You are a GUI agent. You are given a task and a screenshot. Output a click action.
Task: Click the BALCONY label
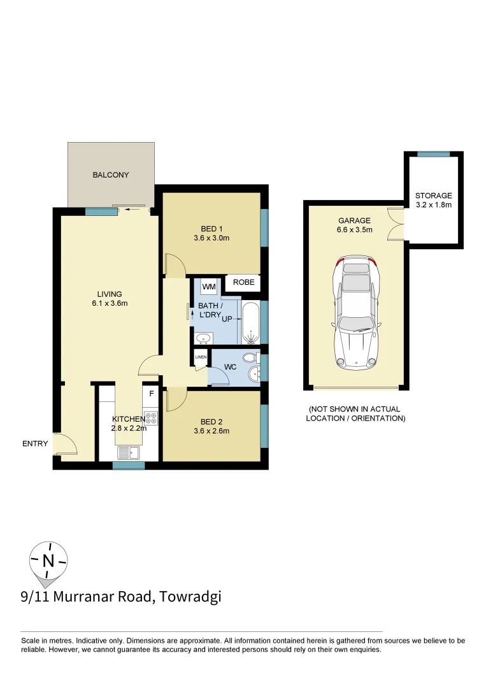[111, 175]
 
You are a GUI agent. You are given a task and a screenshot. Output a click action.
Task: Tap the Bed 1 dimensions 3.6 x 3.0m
[211, 238]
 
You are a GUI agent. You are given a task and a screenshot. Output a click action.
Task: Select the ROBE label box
[243, 282]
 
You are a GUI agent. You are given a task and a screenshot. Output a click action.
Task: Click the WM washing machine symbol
[209, 287]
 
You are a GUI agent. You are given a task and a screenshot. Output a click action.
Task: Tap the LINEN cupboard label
[201, 357]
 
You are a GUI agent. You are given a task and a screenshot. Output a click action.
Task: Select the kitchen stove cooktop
[151, 419]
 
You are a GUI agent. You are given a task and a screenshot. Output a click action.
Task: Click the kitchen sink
[129, 452]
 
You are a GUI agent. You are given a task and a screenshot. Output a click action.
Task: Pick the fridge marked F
[151, 394]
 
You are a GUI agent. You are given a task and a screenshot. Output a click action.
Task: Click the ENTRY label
[35, 443]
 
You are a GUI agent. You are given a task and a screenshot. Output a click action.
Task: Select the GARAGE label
[354, 220]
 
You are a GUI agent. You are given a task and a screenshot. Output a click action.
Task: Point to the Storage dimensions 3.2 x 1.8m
[433, 205]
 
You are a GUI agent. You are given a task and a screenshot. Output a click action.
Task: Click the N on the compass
[48, 561]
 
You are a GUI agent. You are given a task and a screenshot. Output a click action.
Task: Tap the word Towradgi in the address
[190, 597]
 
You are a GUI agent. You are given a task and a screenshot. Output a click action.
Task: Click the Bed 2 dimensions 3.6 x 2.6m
[211, 431]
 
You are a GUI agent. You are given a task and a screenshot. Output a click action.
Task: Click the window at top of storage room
[433, 154]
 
